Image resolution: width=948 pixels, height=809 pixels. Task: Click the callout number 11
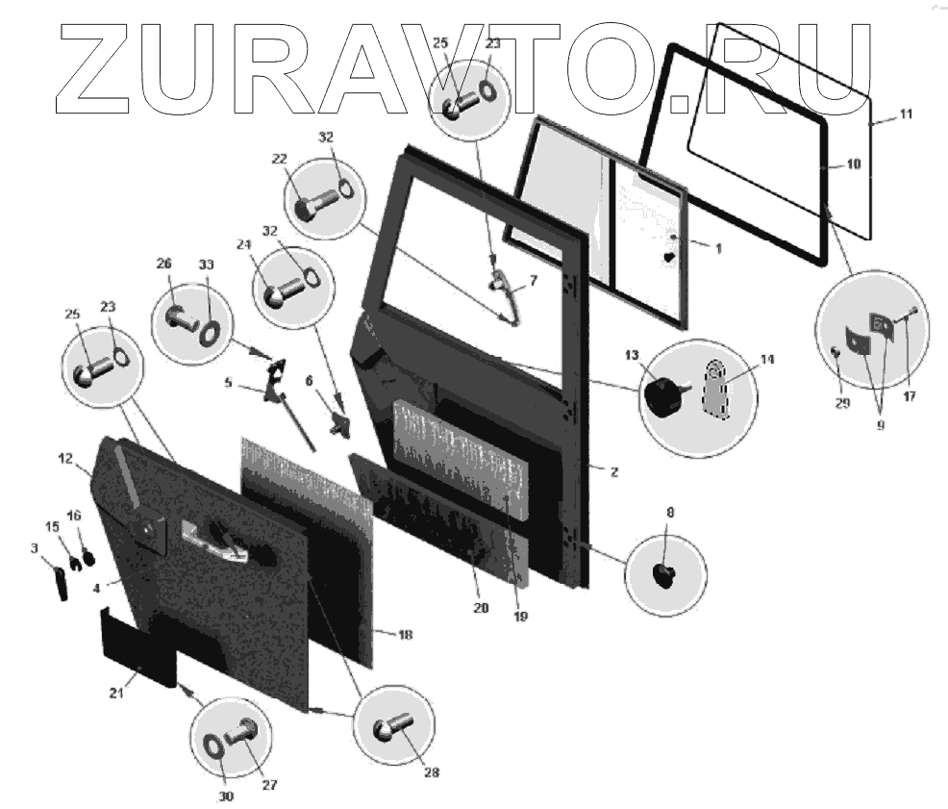[x=905, y=114]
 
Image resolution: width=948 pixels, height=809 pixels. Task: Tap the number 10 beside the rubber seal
[x=854, y=165]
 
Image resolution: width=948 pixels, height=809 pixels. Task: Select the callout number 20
[x=481, y=607]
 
